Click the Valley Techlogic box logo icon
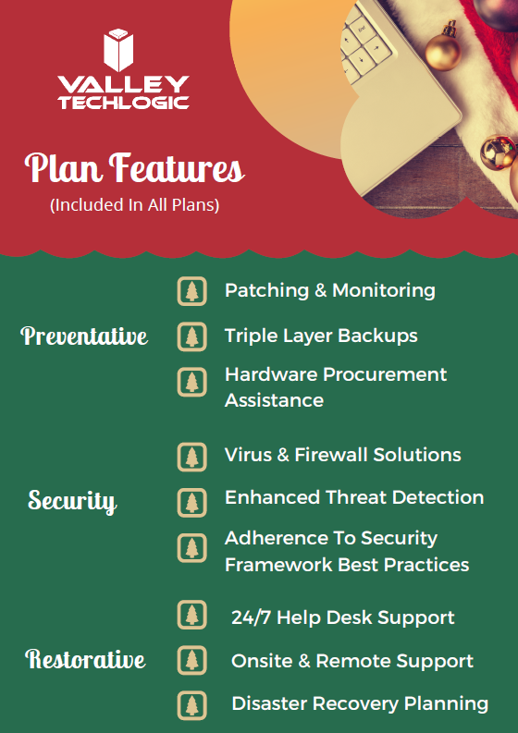118,50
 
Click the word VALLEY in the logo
124,85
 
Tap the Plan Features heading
135,168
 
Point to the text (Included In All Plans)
135,205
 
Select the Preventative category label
84,336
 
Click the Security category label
72,501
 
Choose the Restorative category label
85,659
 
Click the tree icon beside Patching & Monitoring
191,291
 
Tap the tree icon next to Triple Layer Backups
191,336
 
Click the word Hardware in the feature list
271,374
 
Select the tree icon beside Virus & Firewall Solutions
191,457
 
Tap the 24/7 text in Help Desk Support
251,617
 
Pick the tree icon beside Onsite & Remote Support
191,660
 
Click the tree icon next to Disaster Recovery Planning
191,705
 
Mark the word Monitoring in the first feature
384,291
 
